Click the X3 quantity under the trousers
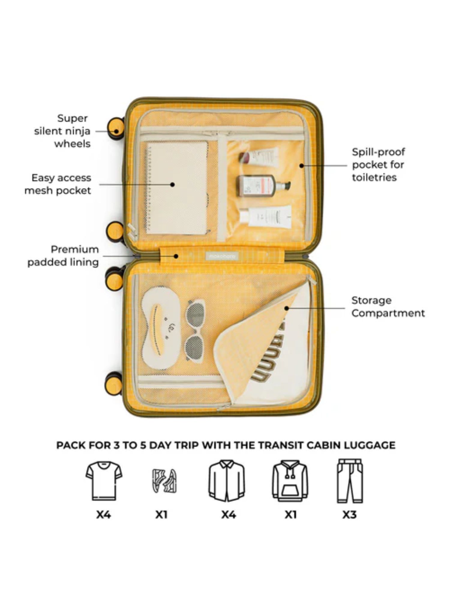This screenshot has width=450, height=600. (349, 515)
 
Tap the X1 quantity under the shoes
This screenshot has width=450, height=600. (161, 515)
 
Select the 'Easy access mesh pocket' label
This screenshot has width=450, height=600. (58, 184)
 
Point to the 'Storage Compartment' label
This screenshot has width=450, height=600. (388, 307)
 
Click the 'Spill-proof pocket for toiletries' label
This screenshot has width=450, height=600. (378, 165)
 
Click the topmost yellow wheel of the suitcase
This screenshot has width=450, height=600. (116, 128)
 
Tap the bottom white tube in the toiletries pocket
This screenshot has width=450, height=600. (265, 216)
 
